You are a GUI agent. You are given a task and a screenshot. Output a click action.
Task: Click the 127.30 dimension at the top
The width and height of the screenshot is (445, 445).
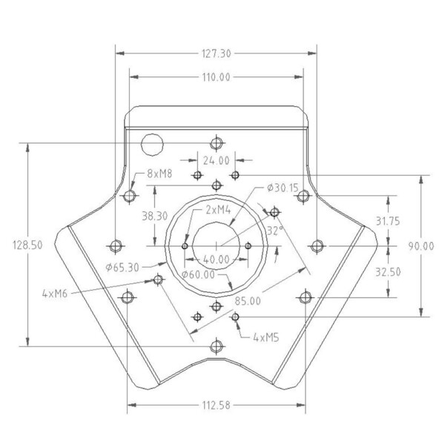217,53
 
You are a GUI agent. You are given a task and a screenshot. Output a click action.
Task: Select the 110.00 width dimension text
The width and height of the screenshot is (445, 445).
217,76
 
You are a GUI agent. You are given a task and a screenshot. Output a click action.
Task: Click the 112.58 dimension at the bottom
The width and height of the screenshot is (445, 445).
217,405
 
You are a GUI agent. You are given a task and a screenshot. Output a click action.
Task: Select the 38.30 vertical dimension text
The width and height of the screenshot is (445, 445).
154,216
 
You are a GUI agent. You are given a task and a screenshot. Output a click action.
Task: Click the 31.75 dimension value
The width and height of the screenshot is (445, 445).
389,221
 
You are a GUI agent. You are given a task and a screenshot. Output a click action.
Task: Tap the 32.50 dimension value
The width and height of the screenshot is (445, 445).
389,271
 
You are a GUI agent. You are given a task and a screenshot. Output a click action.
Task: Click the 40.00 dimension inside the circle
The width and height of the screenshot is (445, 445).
217,260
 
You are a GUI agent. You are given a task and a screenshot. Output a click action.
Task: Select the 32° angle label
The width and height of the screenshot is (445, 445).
275,231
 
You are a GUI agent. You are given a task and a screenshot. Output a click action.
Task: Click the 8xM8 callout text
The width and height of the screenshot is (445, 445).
159,174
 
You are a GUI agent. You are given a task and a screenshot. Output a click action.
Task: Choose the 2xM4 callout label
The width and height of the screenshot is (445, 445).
218,210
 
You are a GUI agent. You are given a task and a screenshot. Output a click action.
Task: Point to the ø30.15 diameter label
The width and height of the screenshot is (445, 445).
283,188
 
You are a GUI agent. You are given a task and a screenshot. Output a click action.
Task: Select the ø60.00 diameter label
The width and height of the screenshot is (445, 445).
198,274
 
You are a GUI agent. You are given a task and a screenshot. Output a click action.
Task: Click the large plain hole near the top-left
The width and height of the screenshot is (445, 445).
152,143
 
